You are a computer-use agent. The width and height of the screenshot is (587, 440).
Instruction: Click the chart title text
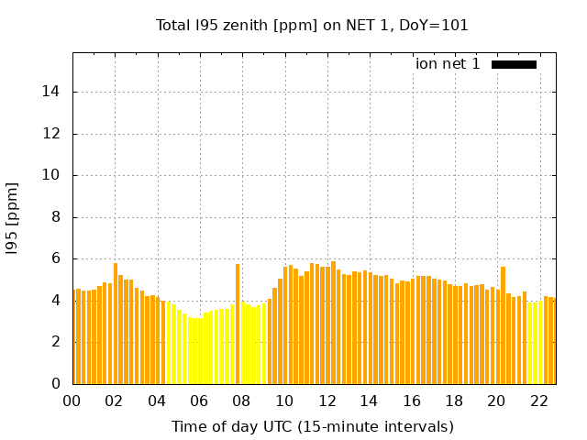(x=312, y=26)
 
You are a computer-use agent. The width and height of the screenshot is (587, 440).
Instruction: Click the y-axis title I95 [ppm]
(x=13, y=218)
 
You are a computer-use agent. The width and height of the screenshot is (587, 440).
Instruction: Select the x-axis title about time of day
(x=312, y=426)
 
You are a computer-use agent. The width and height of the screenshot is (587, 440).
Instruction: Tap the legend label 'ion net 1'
(x=448, y=64)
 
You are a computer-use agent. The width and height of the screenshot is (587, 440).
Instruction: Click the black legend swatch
(x=514, y=64)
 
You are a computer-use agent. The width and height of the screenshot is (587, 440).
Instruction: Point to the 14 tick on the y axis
(x=53, y=92)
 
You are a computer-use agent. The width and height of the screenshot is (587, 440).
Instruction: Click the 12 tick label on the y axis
(x=53, y=134)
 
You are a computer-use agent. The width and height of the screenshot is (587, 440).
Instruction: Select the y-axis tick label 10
(x=53, y=175)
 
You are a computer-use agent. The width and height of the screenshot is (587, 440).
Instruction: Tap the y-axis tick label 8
(x=57, y=217)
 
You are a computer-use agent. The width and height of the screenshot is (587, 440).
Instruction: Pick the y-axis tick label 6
(x=57, y=259)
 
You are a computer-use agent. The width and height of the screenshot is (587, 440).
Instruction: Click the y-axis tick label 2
(x=57, y=343)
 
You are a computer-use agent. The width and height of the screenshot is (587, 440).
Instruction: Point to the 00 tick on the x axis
(x=72, y=401)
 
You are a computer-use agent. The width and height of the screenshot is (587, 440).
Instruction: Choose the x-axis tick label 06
(x=200, y=401)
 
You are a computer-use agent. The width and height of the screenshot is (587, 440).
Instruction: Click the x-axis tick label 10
(x=284, y=401)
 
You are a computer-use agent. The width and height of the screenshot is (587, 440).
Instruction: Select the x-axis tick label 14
(x=369, y=401)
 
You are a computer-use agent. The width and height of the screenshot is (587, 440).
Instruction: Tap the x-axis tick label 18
(x=454, y=401)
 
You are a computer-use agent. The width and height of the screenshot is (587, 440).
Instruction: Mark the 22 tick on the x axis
(x=538, y=401)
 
